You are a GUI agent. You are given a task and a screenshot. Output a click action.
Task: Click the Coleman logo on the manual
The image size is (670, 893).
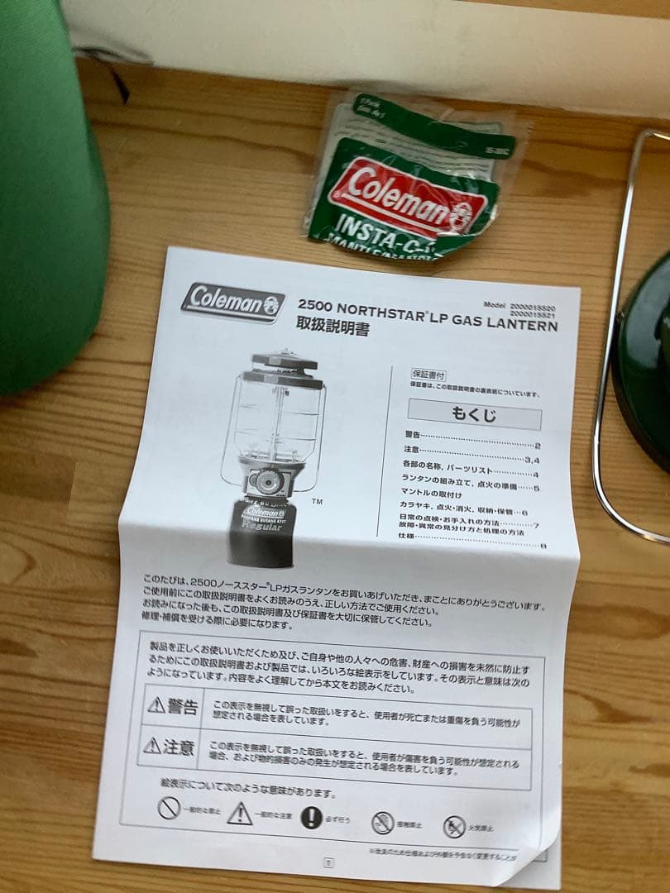coord(232,302)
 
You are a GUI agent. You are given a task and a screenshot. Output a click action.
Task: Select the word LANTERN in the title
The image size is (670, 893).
coord(523,323)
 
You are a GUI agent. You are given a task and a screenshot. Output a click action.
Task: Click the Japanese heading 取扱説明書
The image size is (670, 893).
coord(333,329)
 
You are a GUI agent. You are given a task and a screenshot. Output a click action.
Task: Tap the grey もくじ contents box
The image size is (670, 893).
coord(474,413)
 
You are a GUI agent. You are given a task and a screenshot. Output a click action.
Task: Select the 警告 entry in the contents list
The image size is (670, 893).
coord(414,435)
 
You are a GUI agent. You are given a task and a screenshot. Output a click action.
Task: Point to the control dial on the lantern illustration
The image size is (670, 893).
coord(266,482)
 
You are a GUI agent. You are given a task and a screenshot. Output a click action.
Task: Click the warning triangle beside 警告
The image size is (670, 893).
coord(156,704)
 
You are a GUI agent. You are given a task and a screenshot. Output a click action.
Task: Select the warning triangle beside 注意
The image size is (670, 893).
coord(152,745)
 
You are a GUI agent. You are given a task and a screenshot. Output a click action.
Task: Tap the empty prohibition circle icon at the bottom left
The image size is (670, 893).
coord(169,807)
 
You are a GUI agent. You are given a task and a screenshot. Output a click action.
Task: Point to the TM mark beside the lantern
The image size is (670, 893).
coord(317,501)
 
